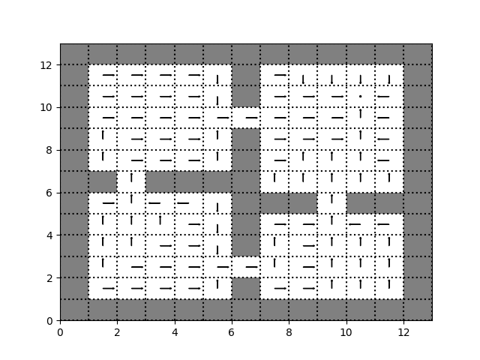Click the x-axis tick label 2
pyautogui.click(x=117, y=331)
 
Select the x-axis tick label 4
pyautogui.click(x=175, y=331)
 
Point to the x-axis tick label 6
pyautogui.click(x=232, y=331)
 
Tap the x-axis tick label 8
pyautogui.click(x=289, y=331)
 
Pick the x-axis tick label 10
pyautogui.click(x=346, y=331)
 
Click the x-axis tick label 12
pyautogui.click(x=403, y=331)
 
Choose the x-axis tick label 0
pyautogui.click(x=60, y=331)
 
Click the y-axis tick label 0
pyautogui.click(x=50, y=321)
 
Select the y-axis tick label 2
pyautogui.click(x=50, y=278)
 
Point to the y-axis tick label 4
pyautogui.click(x=50, y=235)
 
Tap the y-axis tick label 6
pyautogui.click(x=50, y=193)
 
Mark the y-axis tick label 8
pyautogui.click(x=50, y=150)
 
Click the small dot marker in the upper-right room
pyautogui.click(x=360, y=96)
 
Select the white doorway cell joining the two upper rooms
pyautogui.click(x=246, y=118)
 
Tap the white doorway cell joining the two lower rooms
pyautogui.click(x=246, y=267)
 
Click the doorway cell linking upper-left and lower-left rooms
pyautogui.click(x=131, y=181)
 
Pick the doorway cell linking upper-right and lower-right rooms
pyautogui.click(x=331, y=203)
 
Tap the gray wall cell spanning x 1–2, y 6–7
pyautogui.click(x=103, y=181)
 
